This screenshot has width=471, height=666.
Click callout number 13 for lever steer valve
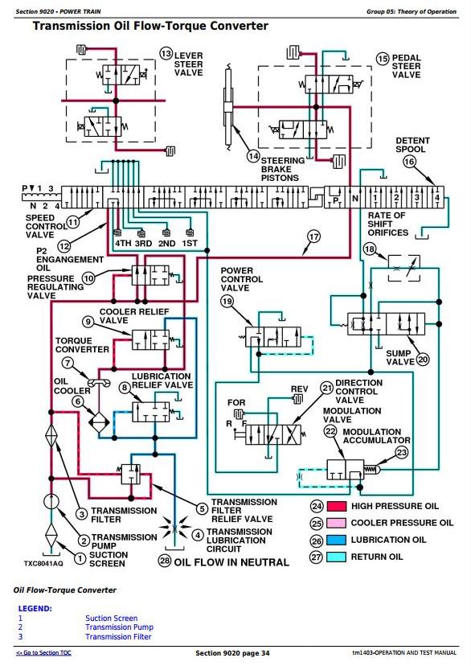pyautogui.click(x=166, y=54)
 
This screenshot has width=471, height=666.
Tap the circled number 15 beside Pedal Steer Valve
pyautogui.click(x=383, y=59)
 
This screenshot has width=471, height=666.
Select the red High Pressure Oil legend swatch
pyautogui.click(x=337, y=506)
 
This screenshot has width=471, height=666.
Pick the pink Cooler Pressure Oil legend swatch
pyautogui.click(x=337, y=524)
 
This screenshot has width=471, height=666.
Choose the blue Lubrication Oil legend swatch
pyautogui.click(x=337, y=541)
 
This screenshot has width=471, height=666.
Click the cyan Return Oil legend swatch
pyautogui.click(x=337, y=557)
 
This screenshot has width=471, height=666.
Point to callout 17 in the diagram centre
pyautogui.click(x=313, y=236)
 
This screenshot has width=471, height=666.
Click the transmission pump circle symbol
pyautogui.click(x=51, y=502)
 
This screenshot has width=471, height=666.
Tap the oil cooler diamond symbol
pyautogui.click(x=99, y=422)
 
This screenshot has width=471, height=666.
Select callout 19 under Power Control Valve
pyautogui.click(x=227, y=302)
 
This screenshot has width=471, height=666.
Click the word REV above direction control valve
pyautogui.click(x=300, y=389)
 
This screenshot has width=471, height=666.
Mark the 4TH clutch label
pyautogui.click(x=124, y=244)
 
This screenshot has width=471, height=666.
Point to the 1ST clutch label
pyautogui.click(x=189, y=244)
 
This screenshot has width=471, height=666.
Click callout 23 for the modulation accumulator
pyautogui.click(x=401, y=452)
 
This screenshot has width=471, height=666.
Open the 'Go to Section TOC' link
pyautogui.click(x=43, y=653)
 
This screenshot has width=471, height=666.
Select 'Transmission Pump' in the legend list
pyautogui.click(x=119, y=627)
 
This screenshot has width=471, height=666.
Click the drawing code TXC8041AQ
pyautogui.click(x=43, y=563)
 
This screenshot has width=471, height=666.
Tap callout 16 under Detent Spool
pyautogui.click(x=409, y=162)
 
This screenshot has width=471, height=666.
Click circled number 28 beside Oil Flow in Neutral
pyautogui.click(x=165, y=561)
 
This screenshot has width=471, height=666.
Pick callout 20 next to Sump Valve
pyautogui.click(x=423, y=360)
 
